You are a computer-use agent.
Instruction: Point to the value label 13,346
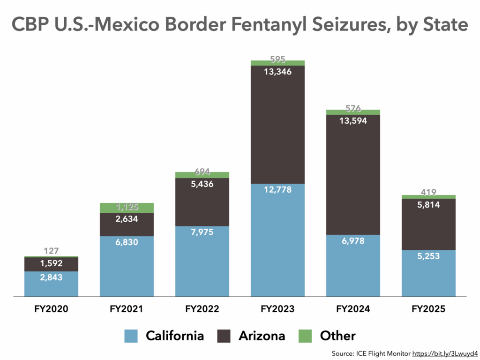point(277,72)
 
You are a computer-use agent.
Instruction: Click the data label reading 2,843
point(51,277)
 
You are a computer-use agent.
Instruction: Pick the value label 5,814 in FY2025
point(428,204)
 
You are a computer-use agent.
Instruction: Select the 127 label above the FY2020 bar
point(51,251)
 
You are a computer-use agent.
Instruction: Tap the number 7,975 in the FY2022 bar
point(202,232)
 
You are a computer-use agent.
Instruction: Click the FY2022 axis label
point(202,309)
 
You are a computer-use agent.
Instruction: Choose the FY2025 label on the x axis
point(428,309)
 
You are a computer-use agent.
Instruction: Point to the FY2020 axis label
point(51,309)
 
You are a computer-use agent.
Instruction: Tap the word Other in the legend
point(337,336)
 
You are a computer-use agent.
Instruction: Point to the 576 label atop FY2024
point(353,109)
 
